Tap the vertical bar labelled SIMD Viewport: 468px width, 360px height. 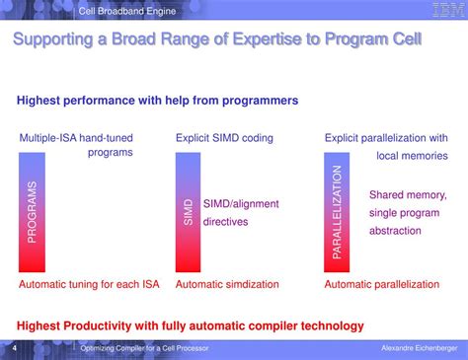(x=189, y=211)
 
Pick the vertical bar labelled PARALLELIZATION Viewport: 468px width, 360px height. (x=337, y=211)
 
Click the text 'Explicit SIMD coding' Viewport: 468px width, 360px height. (x=224, y=138)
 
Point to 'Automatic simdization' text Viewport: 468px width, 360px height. (x=227, y=284)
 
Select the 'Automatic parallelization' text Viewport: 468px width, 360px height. (x=382, y=284)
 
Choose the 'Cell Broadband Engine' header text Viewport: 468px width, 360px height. (x=127, y=10)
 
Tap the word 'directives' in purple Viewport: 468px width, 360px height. (x=226, y=222)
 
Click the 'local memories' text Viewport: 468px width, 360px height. (x=412, y=156)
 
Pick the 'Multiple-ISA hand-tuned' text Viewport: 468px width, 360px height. (x=76, y=138)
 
